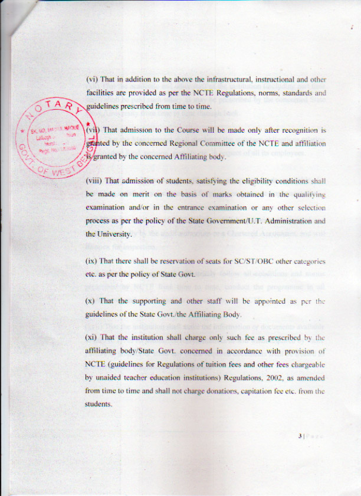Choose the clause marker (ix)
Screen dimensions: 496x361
(x=92, y=261)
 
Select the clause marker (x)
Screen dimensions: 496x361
(x=91, y=301)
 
